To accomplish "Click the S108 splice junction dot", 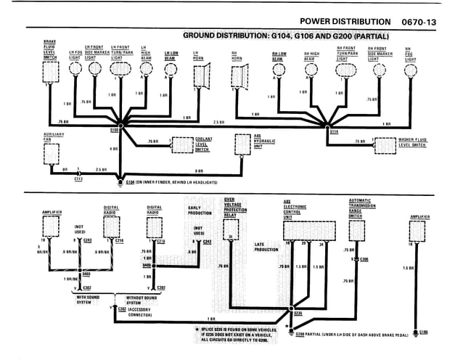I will pyautogui.click(x=122, y=126).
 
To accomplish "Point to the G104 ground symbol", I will pyautogui.click(x=121, y=182).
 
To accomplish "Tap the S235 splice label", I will pyautogui.click(x=298, y=314).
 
